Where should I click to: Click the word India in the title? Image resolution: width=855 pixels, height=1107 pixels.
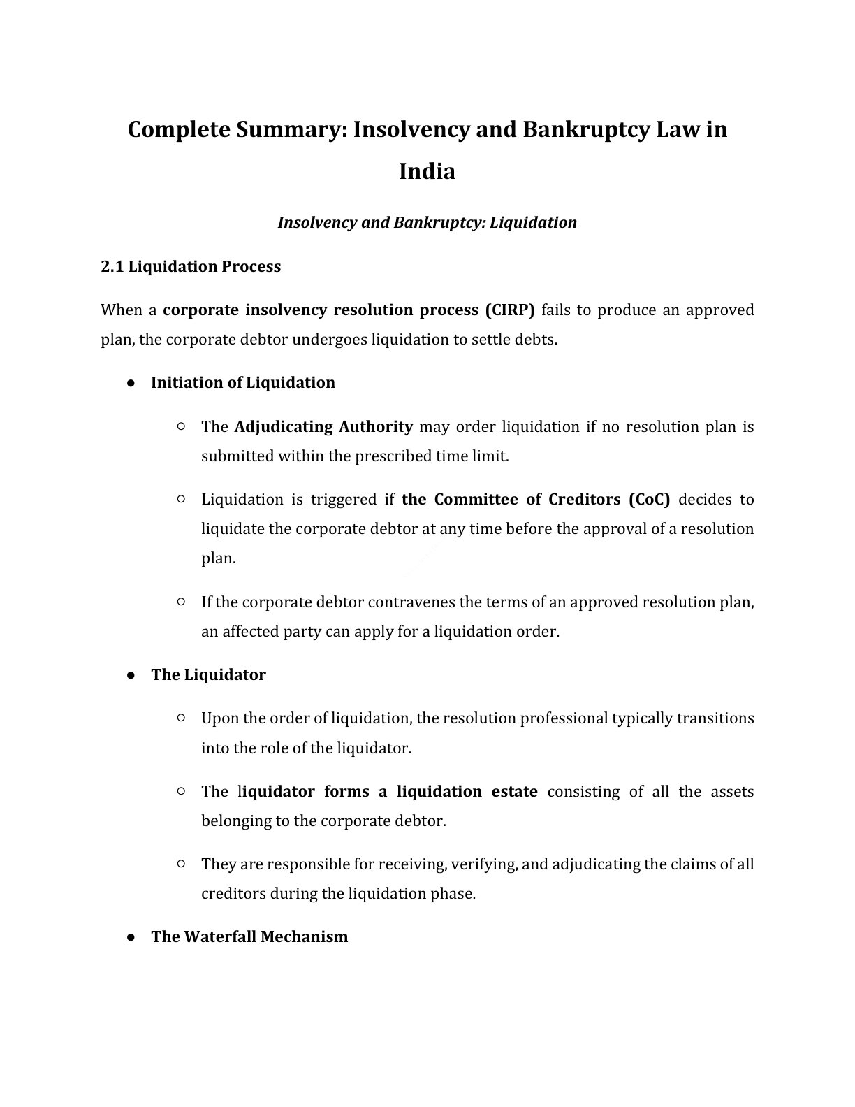click(x=427, y=171)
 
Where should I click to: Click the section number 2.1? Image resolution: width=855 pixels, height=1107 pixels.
click(x=112, y=266)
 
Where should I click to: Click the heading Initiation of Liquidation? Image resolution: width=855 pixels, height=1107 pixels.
click(x=242, y=382)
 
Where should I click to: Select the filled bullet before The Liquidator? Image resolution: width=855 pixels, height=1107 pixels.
click(x=131, y=675)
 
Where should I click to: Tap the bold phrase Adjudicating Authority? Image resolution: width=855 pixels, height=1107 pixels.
click(x=323, y=426)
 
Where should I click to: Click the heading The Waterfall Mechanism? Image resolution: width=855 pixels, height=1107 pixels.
click(x=249, y=936)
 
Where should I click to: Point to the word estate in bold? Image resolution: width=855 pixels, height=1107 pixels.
click(x=514, y=791)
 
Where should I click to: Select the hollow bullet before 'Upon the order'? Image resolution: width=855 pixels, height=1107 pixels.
click(x=181, y=718)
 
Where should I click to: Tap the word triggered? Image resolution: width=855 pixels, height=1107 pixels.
click(x=343, y=499)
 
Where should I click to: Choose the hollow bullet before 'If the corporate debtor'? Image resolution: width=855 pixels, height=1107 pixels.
click(x=181, y=601)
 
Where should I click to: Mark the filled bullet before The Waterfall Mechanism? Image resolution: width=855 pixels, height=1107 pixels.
click(x=131, y=937)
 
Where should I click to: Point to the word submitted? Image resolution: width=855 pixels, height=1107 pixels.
click(x=237, y=456)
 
